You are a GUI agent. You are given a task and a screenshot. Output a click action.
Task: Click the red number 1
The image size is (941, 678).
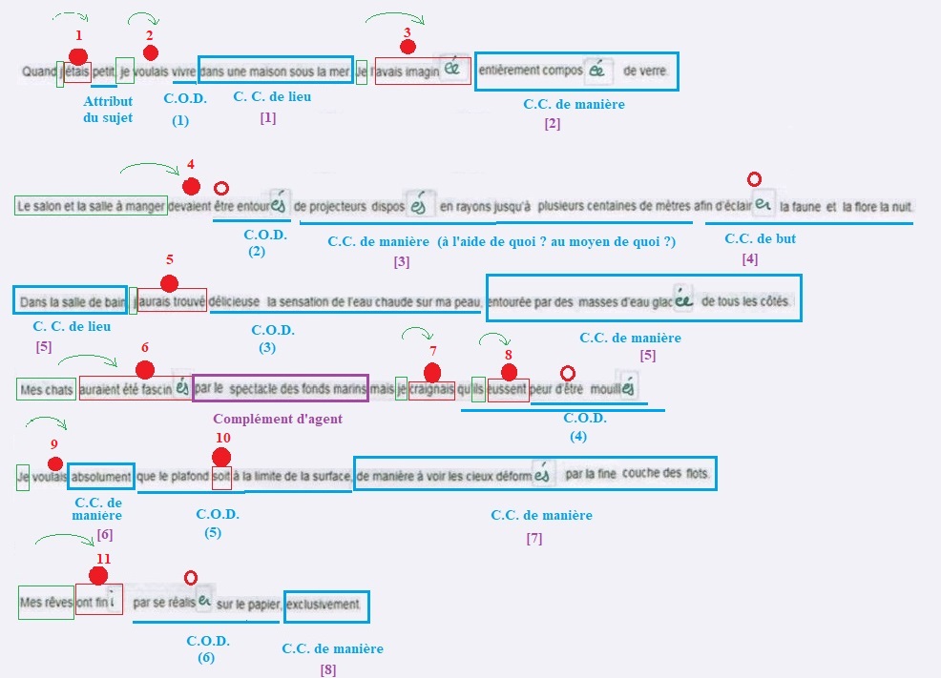(78, 35)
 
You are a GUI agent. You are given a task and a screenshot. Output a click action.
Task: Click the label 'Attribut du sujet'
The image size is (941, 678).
(108, 109)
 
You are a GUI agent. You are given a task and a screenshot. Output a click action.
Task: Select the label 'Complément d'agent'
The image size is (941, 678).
(277, 418)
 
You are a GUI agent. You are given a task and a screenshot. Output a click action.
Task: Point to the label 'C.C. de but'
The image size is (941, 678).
(760, 238)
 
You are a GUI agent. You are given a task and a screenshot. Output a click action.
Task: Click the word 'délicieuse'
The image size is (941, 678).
(234, 301)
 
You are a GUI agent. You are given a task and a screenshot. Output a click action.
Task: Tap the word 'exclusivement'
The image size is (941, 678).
(325, 605)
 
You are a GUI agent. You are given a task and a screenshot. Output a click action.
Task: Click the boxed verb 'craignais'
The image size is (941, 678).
(431, 389)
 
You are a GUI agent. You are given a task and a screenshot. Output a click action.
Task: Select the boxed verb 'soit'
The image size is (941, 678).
(221, 475)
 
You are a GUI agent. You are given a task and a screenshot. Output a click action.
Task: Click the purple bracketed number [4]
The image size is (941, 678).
(750, 259)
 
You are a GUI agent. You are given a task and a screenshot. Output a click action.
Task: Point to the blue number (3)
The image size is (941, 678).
(266, 348)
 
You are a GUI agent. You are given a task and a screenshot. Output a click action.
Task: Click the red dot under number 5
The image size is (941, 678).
(170, 282)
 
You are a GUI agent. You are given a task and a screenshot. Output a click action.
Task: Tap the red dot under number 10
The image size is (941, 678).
(221, 457)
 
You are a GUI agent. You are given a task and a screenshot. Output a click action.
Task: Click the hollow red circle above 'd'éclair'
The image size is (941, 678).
(754, 178)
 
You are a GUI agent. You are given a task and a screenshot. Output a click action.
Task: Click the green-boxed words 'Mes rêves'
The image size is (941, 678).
(46, 603)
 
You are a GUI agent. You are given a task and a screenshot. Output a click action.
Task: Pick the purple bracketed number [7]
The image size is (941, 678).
(533, 539)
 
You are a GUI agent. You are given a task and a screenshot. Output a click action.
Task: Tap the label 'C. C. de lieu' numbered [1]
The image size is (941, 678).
(272, 96)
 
